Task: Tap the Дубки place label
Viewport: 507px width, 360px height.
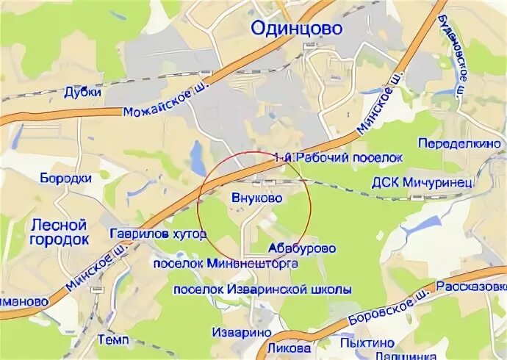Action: click(x=81, y=92)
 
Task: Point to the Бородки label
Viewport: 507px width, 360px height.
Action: click(x=65, y=178)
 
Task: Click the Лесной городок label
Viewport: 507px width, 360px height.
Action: click(x=59, y=231)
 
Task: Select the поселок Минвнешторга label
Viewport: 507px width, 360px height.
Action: click(x=226, y=262)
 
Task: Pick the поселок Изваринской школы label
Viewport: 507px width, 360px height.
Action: click(x=262, y=289)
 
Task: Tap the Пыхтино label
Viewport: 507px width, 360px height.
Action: click(x=367, y=342)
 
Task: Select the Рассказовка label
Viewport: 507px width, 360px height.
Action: click(x=471, y=286)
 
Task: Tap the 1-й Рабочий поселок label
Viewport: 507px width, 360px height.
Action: click(x=338, y=157)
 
